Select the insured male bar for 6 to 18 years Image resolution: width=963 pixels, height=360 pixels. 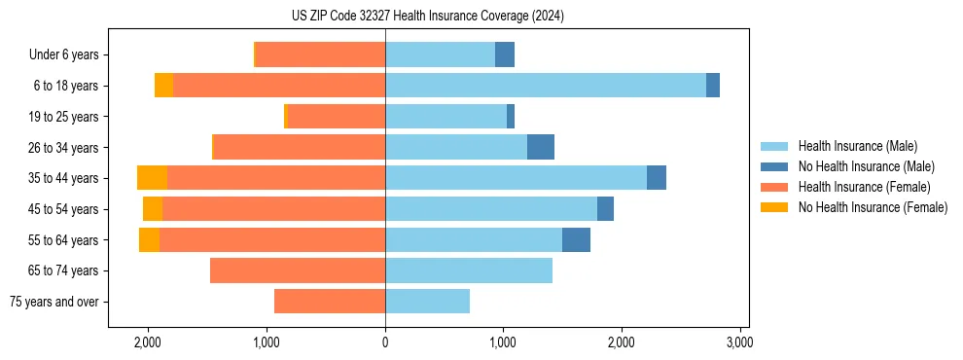click(545, 86)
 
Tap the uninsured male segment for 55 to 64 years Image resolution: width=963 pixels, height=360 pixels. click(576, 240)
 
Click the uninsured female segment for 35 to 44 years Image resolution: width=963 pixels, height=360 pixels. click(152, 178)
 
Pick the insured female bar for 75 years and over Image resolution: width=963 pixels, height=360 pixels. click(330, 302)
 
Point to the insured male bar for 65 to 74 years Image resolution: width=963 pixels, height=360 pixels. click(469, 270)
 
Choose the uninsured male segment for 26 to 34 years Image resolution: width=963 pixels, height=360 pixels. click(540, 148)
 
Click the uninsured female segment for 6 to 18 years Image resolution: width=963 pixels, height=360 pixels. click(163, 86)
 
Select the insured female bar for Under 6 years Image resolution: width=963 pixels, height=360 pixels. click(320, 54)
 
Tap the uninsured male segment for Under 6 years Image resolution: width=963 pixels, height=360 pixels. click(504, 54)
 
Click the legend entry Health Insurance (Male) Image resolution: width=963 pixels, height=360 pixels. click(857, 146)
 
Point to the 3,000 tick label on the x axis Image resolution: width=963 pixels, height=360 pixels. click(739, 342)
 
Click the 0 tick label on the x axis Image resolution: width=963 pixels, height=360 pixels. click(385, 342)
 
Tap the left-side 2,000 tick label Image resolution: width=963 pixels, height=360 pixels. click(148, 342)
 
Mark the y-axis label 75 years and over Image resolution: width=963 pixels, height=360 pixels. click(54, 302)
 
